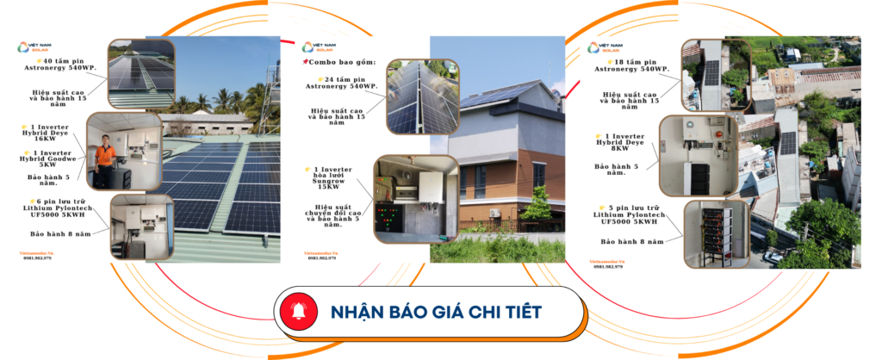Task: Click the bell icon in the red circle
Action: (x=298, y=311)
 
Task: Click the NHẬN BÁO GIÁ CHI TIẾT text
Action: (x=436, y=311)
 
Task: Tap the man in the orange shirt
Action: (x=105, y=159)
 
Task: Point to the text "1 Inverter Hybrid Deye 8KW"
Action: (x=624, y=141)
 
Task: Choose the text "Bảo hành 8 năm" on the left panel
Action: (x=58, y=233)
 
